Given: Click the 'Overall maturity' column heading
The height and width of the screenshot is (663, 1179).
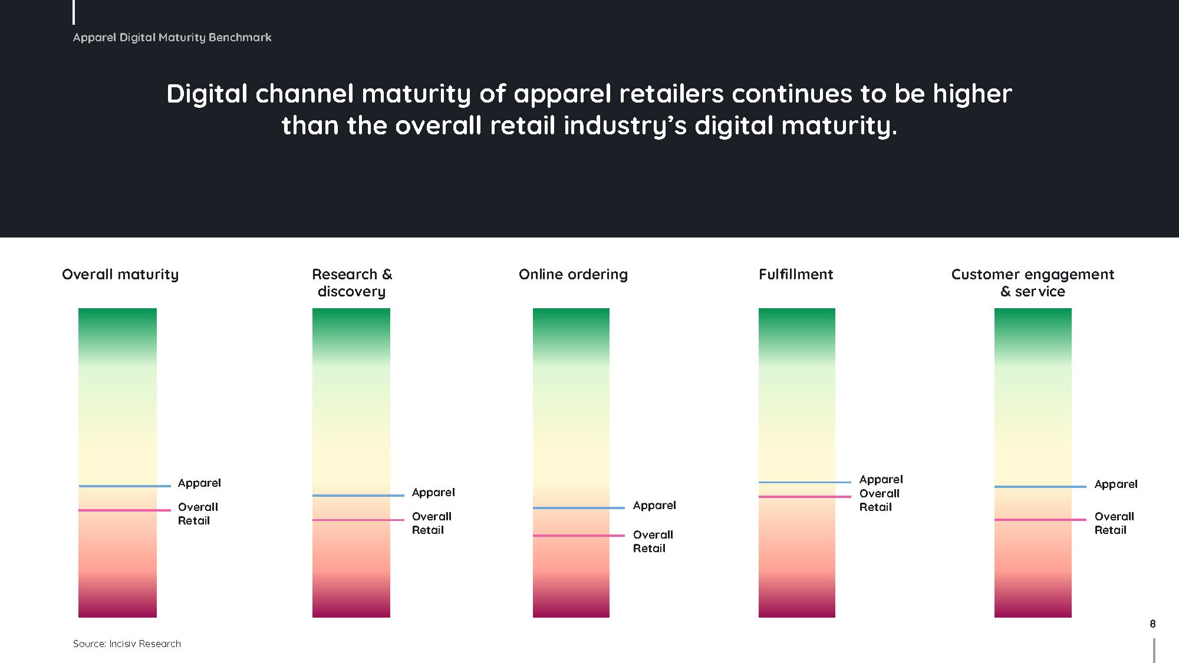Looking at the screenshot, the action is click(x=120, y=275).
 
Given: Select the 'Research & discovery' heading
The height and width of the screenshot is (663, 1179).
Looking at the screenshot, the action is click(x=352, y=283).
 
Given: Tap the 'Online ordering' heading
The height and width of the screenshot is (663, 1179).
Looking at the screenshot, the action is click(x=573, y=275).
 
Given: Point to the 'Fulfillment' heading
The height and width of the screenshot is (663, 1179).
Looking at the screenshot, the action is click(x=796, y=274).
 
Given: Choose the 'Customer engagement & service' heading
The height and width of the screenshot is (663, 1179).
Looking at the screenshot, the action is click(x=1033, y=283).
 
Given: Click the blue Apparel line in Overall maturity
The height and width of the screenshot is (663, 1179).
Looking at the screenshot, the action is click(x=125, y=486).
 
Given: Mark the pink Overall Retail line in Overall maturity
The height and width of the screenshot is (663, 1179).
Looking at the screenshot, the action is click(x=125, y=510).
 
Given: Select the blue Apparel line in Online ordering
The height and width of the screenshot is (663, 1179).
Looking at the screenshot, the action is click(x=579, y=508).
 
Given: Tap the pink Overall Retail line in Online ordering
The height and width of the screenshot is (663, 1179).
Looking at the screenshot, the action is click(x=579, y=536).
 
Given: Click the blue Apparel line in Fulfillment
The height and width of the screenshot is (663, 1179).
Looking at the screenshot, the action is click(x=805, y=482).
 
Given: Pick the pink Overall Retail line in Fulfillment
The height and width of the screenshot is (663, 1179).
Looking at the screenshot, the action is click(x=805, y=497).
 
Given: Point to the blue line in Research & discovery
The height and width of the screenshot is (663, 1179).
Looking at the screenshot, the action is click(x=358, y=496).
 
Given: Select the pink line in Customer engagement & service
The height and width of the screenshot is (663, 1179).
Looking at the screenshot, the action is click(x=1040, y=520).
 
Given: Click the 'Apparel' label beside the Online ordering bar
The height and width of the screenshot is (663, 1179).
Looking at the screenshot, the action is click(x=654, y=506).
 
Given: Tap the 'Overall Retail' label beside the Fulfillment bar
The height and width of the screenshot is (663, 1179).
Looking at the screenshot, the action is click(x=880, y=500).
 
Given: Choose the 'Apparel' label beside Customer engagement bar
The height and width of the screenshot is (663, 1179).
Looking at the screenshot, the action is click(x=1116, y=484).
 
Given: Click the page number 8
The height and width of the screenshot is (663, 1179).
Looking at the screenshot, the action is click(x=1152, y=624).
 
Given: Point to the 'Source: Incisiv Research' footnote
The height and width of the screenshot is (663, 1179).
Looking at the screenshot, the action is click(x=127, y=644).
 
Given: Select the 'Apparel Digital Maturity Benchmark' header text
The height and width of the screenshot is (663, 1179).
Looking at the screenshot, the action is click(x=172, y=37).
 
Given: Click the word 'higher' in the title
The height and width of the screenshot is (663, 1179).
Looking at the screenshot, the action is click(x=973, y=94).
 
